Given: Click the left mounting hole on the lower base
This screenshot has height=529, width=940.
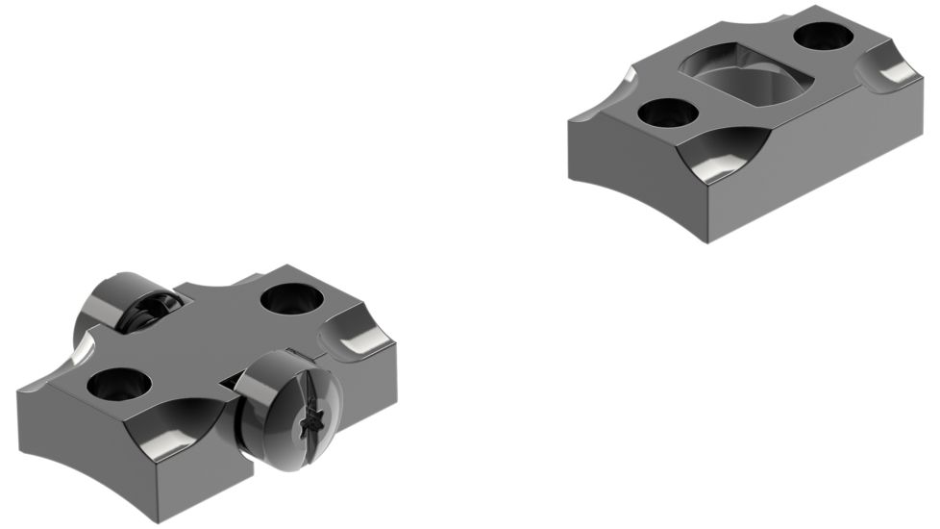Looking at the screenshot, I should pyautogui.click(x=118, y=385).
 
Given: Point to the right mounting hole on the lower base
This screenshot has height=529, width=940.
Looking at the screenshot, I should pyautogui.click(x=289, y=298).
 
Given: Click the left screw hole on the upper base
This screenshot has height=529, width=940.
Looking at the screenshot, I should pyautogui.click(x=668, y=113).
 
